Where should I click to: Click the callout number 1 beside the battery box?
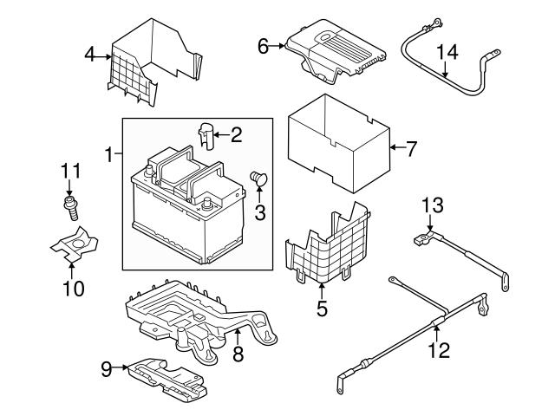click(109, 155)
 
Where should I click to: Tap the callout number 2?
click(235, 134)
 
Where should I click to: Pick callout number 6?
click(264, 45)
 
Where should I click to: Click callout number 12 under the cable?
click(439, 350)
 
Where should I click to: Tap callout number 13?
click(432, 205)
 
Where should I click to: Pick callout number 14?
click(446, 54)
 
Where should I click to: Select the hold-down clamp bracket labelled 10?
click(75, 244)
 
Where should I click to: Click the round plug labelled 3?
click(258, 179)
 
